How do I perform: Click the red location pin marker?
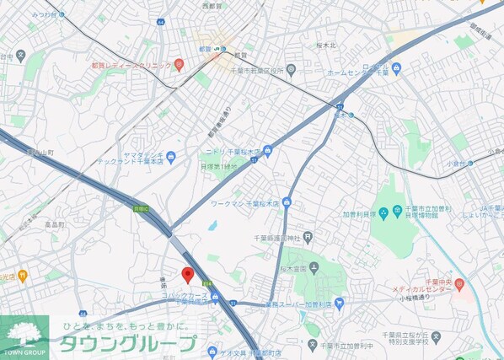pyautogui.click(x=188, y=274)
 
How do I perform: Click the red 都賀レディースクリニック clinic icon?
pyautogui.click(x=178, y=65)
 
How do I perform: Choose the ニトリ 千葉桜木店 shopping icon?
pyautogui.click(x=268, y=151)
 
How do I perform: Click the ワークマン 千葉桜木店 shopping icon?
pyautogui.click(x=287, y=202)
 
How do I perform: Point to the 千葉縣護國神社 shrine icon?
pyautogui.click(x=308, y=237)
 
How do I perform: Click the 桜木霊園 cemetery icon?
pyautogui.click(x=313, y=270)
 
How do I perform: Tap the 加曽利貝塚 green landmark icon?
pyautogui.click(x=384, y=212)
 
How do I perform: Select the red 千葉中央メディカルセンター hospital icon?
pyautogui.click(x=459, y=286)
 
